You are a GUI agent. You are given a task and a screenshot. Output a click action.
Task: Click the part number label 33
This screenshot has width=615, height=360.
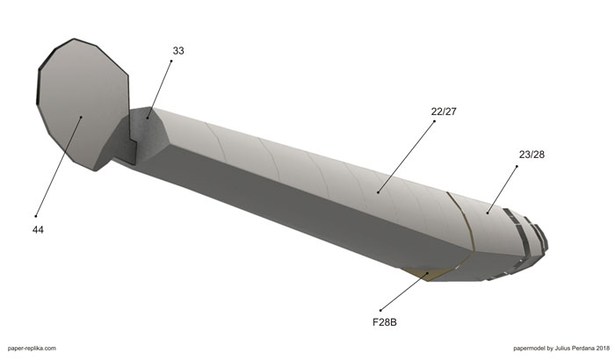coord(178,51)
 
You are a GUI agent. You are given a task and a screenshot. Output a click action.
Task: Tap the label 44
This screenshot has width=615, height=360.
coord(38,230)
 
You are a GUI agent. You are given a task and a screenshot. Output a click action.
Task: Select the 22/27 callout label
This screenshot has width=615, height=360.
coord(444,112)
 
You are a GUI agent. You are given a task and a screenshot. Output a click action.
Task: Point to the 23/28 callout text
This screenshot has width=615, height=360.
coord(532,155)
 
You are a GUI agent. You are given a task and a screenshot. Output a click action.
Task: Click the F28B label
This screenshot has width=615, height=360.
coord(385,322)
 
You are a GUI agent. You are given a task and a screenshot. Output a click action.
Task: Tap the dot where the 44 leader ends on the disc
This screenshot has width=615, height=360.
coord(81,117)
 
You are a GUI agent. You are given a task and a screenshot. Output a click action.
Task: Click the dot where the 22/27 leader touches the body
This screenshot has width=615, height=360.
coord(378,192)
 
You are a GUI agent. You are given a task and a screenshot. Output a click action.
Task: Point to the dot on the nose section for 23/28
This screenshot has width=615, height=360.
coord(487,213)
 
